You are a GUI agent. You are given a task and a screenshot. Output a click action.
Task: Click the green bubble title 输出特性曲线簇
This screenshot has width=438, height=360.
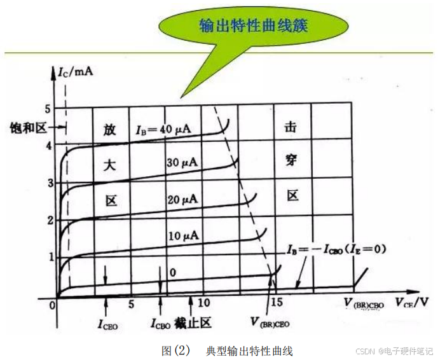(x=253, y=26)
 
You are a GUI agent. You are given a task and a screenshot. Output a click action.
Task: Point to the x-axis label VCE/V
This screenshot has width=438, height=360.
(x=415, y=301)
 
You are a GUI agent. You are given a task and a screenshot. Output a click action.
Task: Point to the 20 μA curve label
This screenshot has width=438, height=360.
(x=182, y=199)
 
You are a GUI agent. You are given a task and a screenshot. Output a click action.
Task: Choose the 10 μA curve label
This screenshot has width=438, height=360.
(x=183, y=236)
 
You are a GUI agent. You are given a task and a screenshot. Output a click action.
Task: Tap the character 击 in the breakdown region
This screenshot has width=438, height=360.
(x=292, y=128)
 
